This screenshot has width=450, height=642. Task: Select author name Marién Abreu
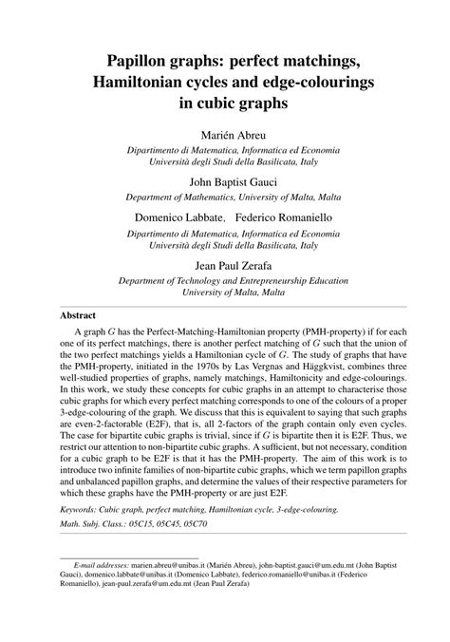(225, 135)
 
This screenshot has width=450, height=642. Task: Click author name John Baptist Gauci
(225, 181)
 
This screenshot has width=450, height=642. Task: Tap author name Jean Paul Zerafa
(225, 265)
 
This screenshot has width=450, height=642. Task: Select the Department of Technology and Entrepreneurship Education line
(225, 281)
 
